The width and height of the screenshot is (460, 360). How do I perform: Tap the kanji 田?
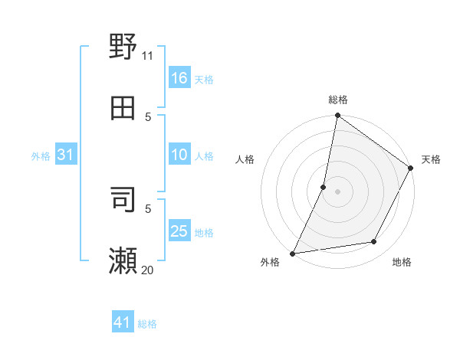[x=123, y=108]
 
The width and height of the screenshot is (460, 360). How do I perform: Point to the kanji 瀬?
[x=123, y=260]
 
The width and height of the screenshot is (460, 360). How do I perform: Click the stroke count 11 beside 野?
[x=148, y=55]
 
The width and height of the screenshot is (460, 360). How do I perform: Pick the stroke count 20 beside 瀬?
[x=148, y=270]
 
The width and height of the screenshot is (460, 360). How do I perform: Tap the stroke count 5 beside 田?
[x=148, y=116]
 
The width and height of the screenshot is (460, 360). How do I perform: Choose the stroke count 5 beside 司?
[x=148, y=208]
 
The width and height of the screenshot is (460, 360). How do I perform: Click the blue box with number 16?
[x=179, y=78]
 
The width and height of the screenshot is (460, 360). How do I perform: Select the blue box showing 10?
[x=179, y=155]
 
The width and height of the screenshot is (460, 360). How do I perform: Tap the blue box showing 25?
[x=179, y=231]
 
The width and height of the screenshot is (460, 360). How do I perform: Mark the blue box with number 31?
[x=66, y=155]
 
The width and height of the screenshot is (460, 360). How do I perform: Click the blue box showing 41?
[x=123, y=323]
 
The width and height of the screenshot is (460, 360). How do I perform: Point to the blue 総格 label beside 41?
[x=147, y=324]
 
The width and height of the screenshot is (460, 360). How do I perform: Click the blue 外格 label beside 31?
[x=41, y=156]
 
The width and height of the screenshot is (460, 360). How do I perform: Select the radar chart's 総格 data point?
[x=337, y=116]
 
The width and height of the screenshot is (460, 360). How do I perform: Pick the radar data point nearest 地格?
[x=374, y=242]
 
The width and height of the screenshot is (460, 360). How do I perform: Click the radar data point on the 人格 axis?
[x=324, y=187]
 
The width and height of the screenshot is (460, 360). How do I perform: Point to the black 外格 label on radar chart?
[x=270, y=263]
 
